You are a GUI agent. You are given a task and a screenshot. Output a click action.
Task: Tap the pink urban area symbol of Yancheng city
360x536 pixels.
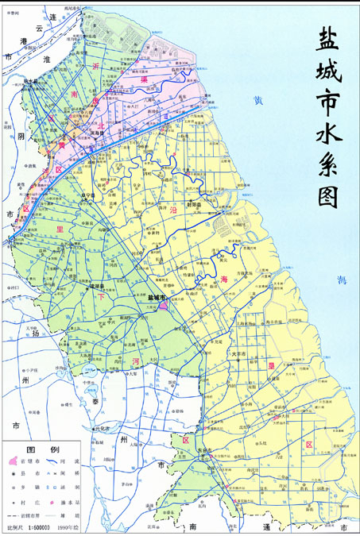165,305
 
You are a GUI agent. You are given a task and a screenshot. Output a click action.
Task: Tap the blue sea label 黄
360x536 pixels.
257,101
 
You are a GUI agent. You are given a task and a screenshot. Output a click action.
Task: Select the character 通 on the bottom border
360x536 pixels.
266,527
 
